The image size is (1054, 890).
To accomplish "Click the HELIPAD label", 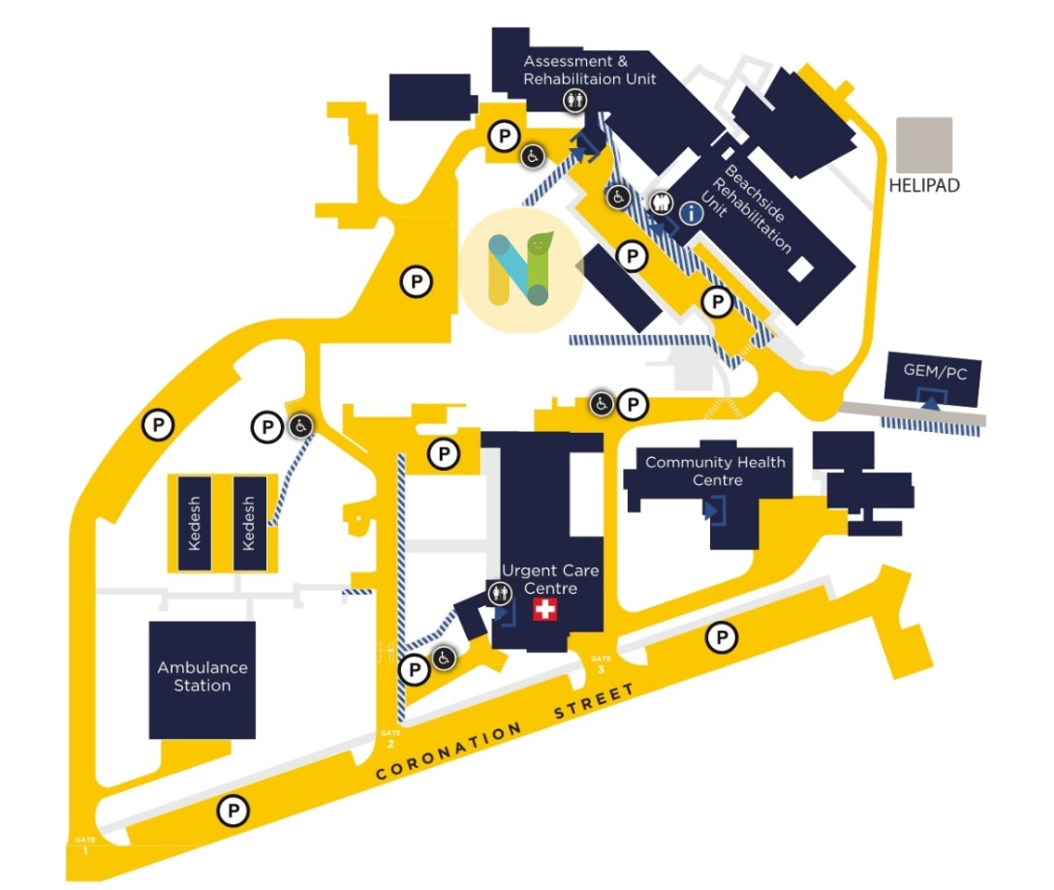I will pos(924,185).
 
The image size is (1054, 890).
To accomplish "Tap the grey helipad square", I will pos(924,145).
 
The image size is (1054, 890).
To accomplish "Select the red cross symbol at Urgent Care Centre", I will pos(546,609).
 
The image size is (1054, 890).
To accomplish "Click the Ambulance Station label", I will pos(202,676).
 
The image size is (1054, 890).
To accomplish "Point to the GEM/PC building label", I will pos(935,373).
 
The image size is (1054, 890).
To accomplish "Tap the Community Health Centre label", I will pos(715,471).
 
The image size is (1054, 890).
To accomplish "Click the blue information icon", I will pos(690,213).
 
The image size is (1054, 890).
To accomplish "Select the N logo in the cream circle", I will pos(520,270).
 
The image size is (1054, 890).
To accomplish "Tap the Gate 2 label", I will pos(390,738).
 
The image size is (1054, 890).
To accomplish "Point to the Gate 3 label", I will pos(601,663).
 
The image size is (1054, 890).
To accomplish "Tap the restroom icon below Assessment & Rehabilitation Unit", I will pos(574,100).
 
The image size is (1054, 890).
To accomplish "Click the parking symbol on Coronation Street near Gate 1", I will pos(232,811).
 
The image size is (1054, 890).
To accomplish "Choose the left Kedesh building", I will pos(195,523).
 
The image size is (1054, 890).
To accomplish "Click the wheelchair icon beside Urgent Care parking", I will pos(444,659).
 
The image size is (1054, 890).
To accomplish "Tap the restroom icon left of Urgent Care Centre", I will pos(501,592).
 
